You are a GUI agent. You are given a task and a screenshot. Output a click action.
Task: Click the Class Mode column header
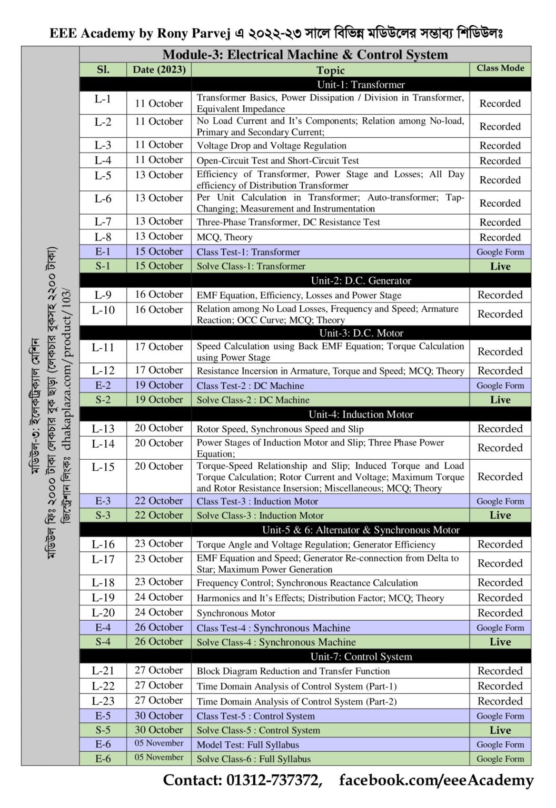[500, 68]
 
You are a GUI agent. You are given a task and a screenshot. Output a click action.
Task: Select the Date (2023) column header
[159, 69]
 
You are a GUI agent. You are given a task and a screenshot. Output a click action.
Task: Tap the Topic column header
[330, 70]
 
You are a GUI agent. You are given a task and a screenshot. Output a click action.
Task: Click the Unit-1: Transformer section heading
[361, 85]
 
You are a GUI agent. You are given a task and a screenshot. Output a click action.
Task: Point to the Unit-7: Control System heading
[361, 656]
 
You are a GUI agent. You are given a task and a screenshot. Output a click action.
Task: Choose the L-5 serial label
[103, 175]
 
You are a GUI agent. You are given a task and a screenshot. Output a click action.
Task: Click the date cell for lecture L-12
[159, 370]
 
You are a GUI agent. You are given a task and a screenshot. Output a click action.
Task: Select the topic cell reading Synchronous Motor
[236, 613]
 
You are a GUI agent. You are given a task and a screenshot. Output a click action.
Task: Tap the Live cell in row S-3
[500, 516]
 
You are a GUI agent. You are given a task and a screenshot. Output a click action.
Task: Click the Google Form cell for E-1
[500, 252]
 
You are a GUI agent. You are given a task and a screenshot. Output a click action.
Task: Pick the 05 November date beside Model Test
[159, 743]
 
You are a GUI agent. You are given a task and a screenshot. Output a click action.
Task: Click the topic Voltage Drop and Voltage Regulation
[272, 146]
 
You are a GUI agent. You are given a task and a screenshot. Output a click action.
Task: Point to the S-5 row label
[103, 730]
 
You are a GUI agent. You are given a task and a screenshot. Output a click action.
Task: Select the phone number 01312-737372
[274, 780]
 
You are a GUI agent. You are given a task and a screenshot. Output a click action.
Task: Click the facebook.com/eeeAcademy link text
[436, 780]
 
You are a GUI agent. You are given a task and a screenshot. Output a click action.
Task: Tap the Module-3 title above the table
[305, 55]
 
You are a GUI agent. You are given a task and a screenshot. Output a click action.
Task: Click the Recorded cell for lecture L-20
[500, 613]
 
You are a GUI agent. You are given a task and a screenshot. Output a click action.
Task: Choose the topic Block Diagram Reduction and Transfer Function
[293, 671]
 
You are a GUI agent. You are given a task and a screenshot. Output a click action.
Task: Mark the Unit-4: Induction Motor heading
[361, 415]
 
